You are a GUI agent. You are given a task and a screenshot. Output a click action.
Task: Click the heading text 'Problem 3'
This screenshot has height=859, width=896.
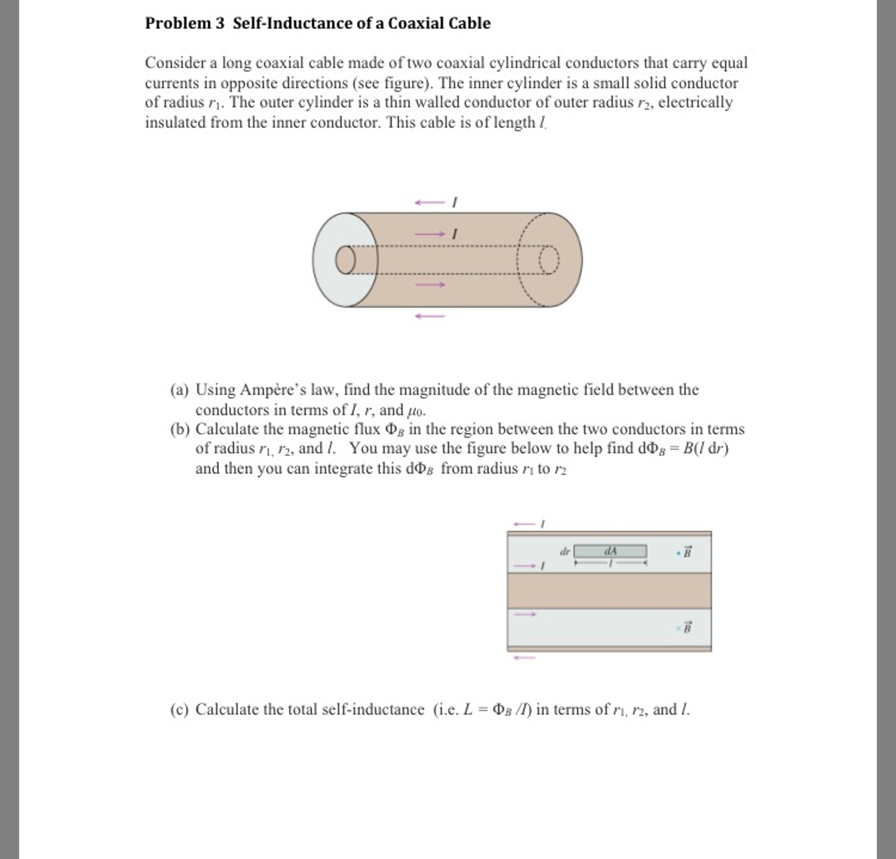click(x=184, y=23)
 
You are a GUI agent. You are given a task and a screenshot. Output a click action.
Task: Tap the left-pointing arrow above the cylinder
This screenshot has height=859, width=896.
click(x=429, y=203)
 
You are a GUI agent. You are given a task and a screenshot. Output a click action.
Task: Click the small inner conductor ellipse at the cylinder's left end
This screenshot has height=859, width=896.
click(x=345, y=260)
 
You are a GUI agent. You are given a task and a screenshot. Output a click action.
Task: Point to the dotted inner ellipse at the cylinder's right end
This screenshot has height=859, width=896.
click(x=549, y=260)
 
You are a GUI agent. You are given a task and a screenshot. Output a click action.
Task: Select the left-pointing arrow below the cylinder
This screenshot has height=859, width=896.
click(x=430, y=316)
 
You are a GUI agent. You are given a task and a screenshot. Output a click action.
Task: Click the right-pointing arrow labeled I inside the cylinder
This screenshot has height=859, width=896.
click(x=430, y=234)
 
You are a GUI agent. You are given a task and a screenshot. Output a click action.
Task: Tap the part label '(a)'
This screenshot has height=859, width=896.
click(x=179, y=390)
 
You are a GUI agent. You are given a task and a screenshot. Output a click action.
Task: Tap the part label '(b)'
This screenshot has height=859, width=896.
click(x=179, y=429)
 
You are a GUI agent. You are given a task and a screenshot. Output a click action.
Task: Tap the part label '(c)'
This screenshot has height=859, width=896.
click(x=179, y=709)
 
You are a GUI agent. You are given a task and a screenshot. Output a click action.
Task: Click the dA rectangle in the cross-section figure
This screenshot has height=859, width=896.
click(x=610, y=551)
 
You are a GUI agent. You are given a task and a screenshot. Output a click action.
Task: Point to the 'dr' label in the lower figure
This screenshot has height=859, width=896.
click(x=565, y=551)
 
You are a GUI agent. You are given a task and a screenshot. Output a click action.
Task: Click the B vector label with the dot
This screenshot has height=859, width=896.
click(x=687, y=553)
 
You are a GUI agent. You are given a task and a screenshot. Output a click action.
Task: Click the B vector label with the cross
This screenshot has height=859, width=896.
click(x=687, y=628)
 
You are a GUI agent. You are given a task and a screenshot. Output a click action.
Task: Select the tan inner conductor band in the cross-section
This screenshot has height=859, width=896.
click(x=609, y=590)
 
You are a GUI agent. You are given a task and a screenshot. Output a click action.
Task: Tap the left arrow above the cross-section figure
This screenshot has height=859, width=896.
click(x=524, y=524)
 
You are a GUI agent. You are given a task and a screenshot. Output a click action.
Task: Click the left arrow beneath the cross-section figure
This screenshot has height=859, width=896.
click(x=524, y=658)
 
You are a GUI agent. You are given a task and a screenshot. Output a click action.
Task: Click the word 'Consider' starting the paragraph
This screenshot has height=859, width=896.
click(x=175, y=63)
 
